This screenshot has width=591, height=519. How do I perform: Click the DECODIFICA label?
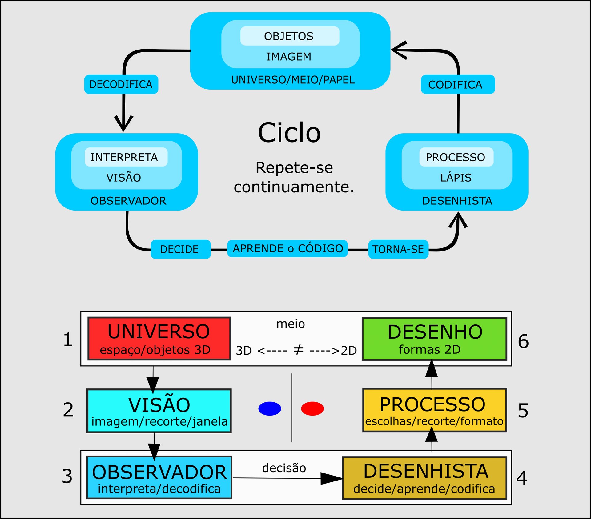[x=121, y=84]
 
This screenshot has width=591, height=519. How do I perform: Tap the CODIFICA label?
[x=457, y=84]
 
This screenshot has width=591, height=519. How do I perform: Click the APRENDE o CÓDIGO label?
[x=287, y=248]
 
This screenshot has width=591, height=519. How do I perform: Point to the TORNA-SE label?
[x=398, y=249]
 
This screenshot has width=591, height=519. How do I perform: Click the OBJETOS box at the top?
[x=289, y=36]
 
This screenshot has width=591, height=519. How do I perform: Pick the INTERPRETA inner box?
[x=126, y=157]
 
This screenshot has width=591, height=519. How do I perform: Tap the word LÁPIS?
[x=456, y=178]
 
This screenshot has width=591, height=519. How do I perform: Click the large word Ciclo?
[x=289, y=133]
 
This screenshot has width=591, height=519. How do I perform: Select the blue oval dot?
[x=270, y=408]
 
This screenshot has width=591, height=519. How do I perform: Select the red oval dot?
[x=312, y=408]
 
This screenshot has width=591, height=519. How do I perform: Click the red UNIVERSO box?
[x=159, y=338]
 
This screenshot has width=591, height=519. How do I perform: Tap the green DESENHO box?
[x=434, y=339]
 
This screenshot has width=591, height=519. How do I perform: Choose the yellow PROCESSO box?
[x=434, y=410]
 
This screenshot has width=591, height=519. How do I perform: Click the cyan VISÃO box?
[x=159, y=411]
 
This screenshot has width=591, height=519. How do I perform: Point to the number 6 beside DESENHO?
[x=523, y=341]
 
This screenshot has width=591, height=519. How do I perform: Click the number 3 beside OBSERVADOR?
[x=67, y=476]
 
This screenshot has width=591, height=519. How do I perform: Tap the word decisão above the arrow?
[x=284, y=468]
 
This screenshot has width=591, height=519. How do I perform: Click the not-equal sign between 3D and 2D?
[x=298, y=350]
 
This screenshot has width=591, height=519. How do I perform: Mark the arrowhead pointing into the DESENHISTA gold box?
[x=332, y=478]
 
